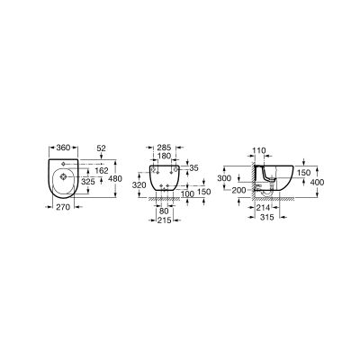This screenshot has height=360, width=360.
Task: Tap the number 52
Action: [101, 146]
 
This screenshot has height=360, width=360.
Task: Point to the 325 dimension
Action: [88, 182]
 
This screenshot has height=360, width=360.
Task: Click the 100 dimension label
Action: [186, 193]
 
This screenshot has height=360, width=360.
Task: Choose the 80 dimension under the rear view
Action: [164, 211]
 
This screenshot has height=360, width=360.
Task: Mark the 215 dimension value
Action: [165, 220]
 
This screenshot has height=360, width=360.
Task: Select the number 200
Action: [238, 192]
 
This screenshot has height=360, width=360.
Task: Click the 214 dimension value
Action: [262, 207]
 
